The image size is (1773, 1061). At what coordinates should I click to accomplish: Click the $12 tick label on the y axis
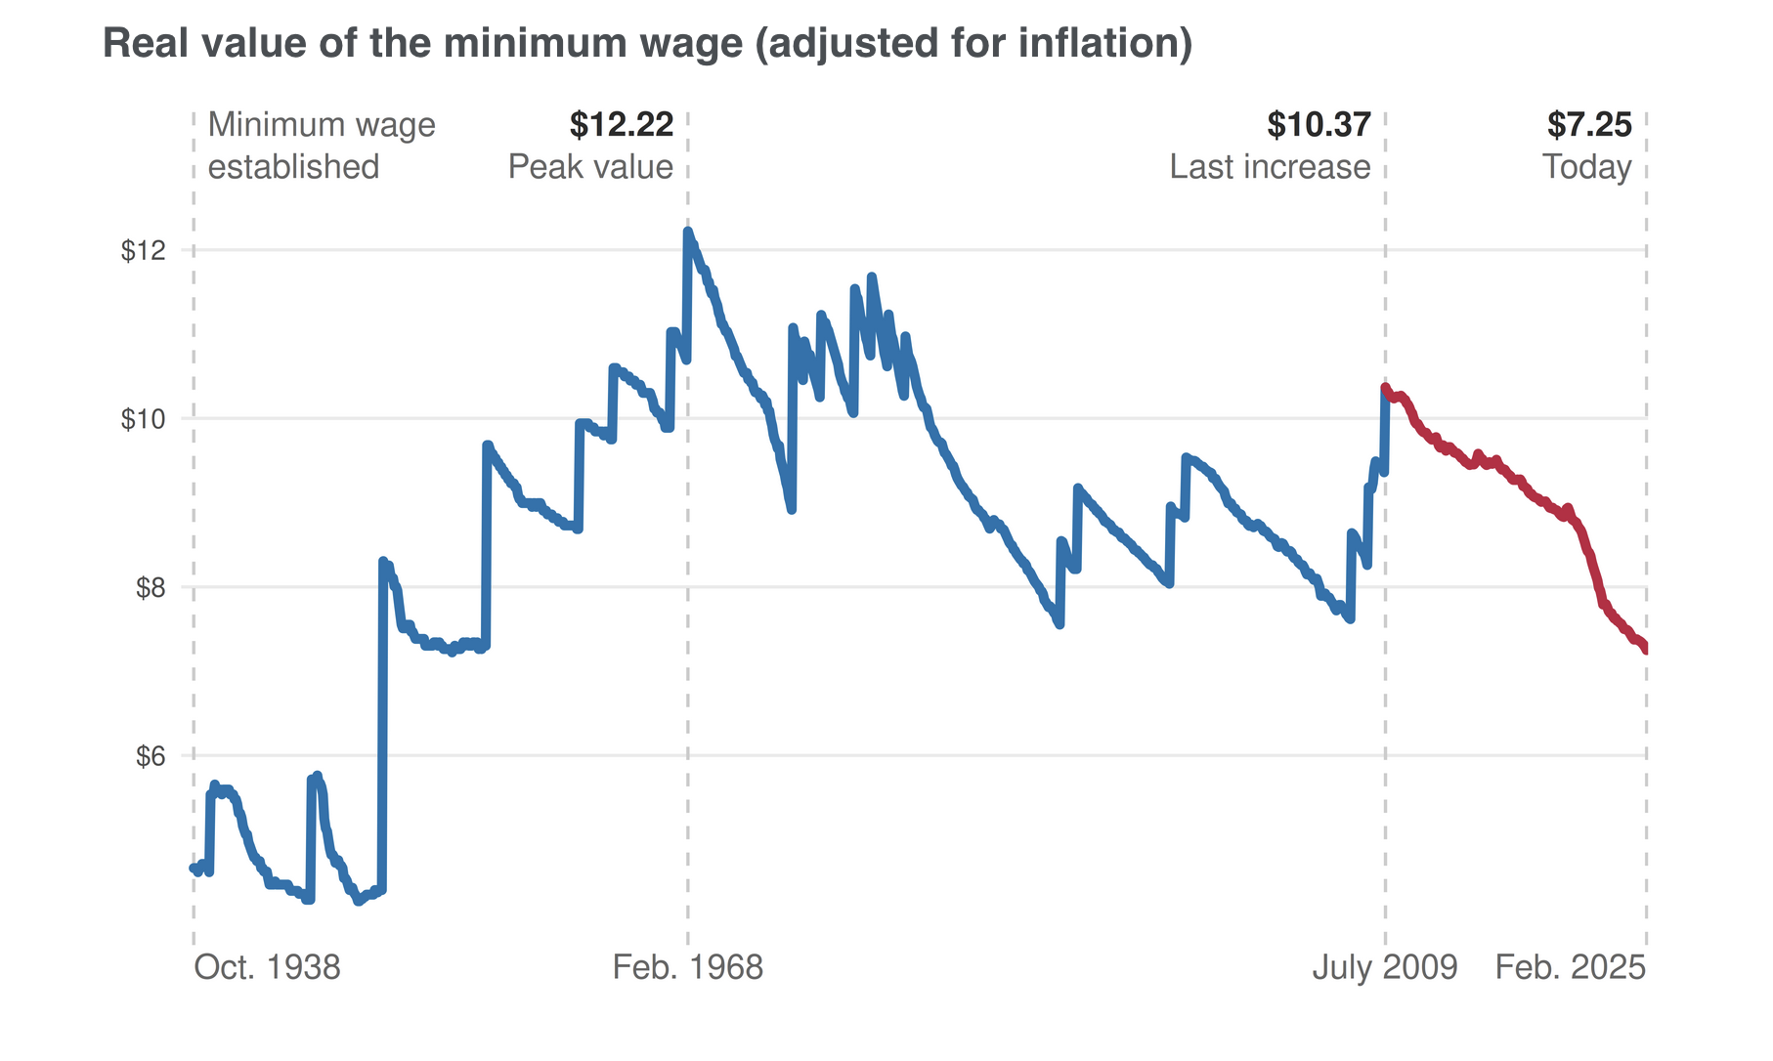[143, 251]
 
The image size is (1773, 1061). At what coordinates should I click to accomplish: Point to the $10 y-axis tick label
[143, 419]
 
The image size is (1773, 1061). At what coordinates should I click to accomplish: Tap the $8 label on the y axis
[148, 588]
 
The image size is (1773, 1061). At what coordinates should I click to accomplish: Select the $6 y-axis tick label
[148, 756]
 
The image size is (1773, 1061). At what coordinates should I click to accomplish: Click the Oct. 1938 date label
[267, 967]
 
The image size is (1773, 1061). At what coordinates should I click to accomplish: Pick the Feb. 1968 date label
[687, 967]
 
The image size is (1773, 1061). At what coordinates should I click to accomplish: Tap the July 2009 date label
[1384, 967]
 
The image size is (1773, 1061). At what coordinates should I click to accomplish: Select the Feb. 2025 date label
[1571, 967]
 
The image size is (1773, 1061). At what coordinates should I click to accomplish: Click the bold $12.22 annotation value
[622, 125]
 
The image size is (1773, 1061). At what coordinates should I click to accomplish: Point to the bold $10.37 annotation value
[1319, 125]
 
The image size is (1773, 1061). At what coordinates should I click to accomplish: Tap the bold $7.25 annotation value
[1589, 125]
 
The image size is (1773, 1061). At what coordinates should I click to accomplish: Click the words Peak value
[590, 167]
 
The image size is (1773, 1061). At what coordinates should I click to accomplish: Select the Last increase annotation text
[1270, 167]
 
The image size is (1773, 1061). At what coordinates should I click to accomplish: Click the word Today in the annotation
[1586, 167]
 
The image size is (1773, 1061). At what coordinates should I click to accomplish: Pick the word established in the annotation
[293, 167]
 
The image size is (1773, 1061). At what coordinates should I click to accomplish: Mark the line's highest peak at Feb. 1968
[687, 232]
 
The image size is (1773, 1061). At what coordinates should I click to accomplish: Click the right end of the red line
[1646, 650]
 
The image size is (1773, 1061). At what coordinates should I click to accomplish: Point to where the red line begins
[1385, 387]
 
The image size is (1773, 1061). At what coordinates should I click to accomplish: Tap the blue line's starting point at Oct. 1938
[194, 868]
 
